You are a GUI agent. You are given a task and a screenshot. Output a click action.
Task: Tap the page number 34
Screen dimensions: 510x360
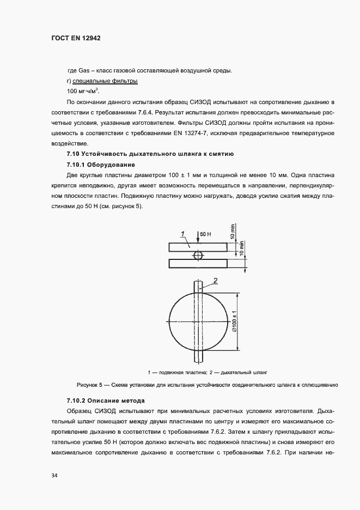pyautogui.click(x=54, y=476)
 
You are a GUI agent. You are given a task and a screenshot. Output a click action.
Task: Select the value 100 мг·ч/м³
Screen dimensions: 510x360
pyautogui.click(x=83, y=91)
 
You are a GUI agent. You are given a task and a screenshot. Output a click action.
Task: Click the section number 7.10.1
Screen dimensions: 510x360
pyautogui.click(x=77, y=165)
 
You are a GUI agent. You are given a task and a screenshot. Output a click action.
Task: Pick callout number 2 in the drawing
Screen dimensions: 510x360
pyautogui.click(x=215, y=281)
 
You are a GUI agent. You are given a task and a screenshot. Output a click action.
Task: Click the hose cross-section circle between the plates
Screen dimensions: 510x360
pyautogui.click(x=197, y=254)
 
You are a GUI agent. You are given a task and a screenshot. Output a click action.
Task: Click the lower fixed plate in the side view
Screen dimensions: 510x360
pyautogui.click(x=197, y=264)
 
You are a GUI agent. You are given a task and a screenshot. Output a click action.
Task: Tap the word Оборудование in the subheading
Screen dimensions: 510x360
pyautogui.click(x=112, y=165)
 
